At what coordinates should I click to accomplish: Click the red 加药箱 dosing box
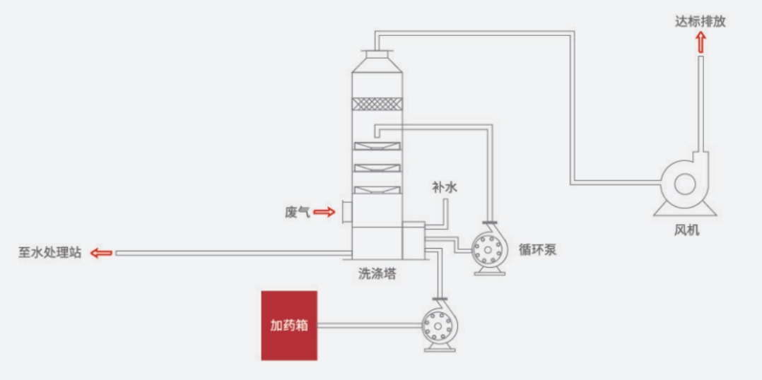tap(289, 325)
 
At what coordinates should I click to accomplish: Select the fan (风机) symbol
tap(683, 185)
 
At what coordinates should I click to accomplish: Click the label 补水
tap(445, 187)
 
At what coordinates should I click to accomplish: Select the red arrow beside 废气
tap(324, 211)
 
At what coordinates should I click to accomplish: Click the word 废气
tap(297, 211)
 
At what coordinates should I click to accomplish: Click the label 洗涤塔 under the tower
tap(377, 274)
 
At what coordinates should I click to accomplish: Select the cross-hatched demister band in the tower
tap(376, 103)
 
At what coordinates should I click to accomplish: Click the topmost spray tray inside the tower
tap(376, 146)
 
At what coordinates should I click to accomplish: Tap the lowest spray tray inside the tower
tap(376, 189)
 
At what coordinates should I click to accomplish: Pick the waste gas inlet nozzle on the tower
tap(346, 211)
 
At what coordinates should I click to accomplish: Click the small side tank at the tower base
tap(413, 240)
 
